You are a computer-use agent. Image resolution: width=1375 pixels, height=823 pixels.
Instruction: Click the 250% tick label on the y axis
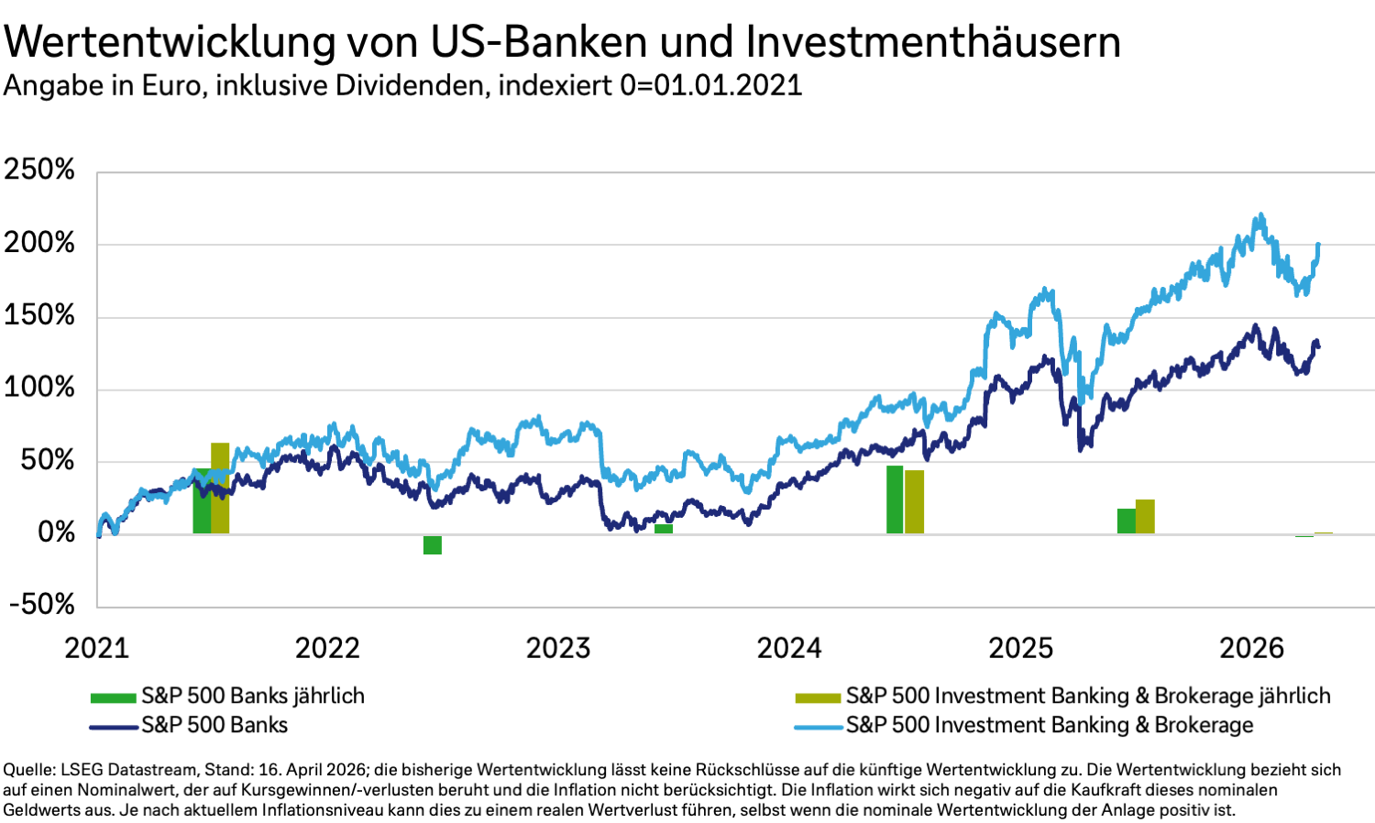coord(39,170)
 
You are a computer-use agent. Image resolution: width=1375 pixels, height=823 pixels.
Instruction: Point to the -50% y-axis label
coord(42,604)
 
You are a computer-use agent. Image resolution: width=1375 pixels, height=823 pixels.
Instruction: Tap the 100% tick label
coord(39,387)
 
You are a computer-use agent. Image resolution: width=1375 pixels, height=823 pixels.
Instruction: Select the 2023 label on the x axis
coord(558,648)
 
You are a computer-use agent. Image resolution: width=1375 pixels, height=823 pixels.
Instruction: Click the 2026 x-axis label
coord(1251,648)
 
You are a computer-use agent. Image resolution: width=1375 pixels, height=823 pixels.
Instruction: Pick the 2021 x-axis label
coord(96,648)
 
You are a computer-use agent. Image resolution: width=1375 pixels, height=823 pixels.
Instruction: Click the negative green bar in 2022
coord(433,544)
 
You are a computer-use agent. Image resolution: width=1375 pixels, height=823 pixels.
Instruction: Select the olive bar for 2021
coord(220,488)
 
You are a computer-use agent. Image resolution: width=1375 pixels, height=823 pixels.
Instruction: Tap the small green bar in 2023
coord(664,529)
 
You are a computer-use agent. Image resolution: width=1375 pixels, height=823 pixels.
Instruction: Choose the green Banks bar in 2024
coord(895,499)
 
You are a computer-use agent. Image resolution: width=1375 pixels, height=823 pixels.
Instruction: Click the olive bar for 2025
coord(1145,517)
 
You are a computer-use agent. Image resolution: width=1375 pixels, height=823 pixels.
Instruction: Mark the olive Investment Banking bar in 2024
coord(914,502)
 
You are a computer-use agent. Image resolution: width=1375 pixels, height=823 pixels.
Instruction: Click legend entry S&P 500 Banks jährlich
coord(252,696)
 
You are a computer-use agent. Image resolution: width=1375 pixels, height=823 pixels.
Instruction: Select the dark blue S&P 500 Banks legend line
coord(115,727)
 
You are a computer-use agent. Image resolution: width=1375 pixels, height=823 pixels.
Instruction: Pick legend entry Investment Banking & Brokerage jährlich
coord(1087,696)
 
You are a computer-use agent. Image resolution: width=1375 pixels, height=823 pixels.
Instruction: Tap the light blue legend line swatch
coord(818,727)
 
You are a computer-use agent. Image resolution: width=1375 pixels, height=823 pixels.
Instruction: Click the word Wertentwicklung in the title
coord(170,41)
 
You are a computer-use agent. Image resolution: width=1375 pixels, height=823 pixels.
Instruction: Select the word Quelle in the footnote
coord(26,770)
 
